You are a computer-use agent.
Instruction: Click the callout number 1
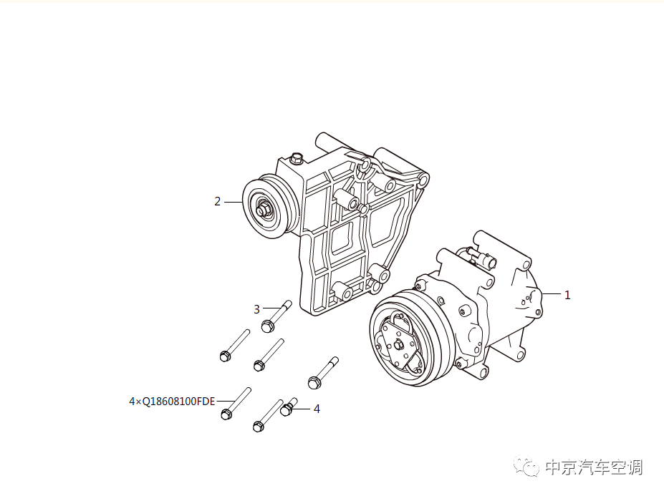pyautogui.click(x=567, y=295)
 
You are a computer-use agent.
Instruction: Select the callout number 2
pyautogui.click(x=218, y=202)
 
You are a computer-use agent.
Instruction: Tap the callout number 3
pyautogui.click(x=256, y=309)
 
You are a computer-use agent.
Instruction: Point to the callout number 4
pyautogui.click(x=317, y=409)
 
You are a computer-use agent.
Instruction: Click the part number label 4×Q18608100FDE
pyautogui.click(x=172, y=402)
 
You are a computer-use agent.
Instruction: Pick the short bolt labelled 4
pyautogui.click(x=288, y=407)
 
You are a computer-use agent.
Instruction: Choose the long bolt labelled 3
pyautogui.click(x=276, y=316)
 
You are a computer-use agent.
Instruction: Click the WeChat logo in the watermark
pyautogui.click(x=530, y=467)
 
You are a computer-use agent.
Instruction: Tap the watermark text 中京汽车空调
pyautogui.click(x=593, y=467)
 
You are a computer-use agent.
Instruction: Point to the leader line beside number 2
pyautogui.click(x=234, y=202)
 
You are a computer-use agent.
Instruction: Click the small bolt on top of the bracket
pyautogui.click(x=296, y=158)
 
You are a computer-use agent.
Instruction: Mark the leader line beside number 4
pyautogui.click(x=303, y=409)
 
